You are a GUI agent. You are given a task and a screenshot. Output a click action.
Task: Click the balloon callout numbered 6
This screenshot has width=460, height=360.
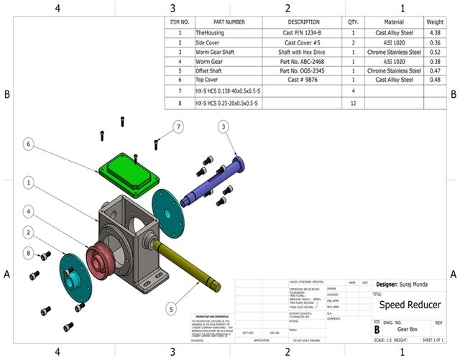click(28, 144)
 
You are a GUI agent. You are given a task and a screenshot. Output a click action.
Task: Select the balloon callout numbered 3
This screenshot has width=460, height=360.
click(224, 126)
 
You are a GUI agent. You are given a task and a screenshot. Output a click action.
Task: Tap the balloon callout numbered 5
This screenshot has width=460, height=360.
click(170, 308)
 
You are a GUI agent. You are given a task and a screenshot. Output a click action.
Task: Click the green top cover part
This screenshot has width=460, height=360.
click(129, 171)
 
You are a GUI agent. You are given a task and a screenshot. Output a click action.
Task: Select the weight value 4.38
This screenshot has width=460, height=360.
click(434, 33)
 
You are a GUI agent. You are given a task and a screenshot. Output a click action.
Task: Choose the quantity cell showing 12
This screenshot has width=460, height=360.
click(354, 103)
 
